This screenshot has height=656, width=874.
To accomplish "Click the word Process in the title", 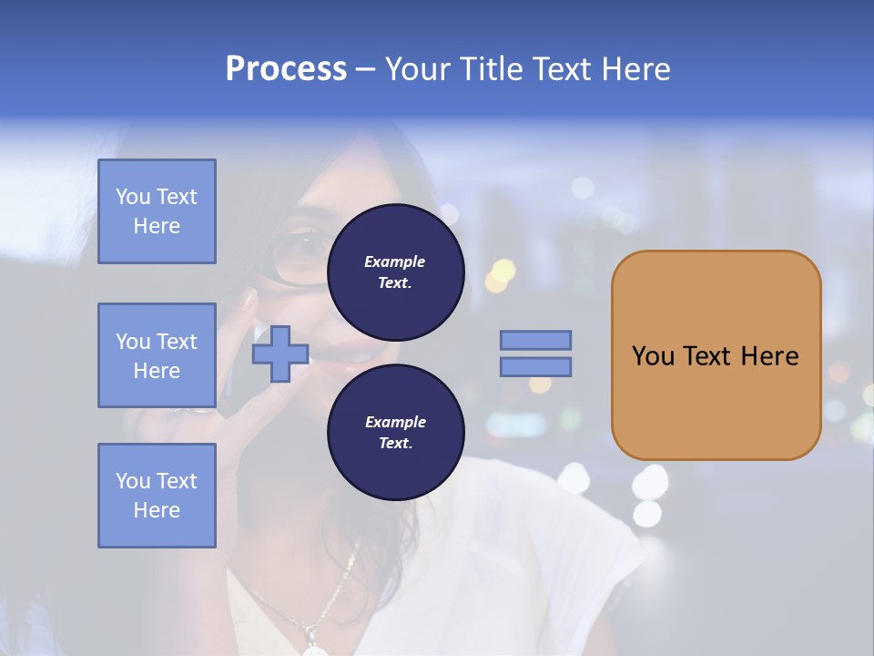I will pos(286,69).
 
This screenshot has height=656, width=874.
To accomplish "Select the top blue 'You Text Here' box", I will pos(157,211).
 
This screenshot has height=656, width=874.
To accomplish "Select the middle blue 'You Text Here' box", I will pos(157,355).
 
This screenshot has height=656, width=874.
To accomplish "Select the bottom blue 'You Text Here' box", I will pos(157,495).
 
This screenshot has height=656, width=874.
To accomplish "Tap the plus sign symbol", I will pos(280,353).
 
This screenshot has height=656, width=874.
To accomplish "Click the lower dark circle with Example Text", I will pos(396,433).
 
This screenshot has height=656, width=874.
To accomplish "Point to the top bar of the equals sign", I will pos(535,340).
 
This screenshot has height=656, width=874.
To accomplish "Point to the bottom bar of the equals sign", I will pos(535,366).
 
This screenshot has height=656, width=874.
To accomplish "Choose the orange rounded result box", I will pos(716,354).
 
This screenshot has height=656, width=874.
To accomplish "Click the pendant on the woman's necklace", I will pos(315,650).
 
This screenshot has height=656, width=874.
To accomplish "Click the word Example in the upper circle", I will pos(395,261).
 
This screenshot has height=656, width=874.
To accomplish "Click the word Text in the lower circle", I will pos(394,444).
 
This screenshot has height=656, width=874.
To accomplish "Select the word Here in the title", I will pos(635,69).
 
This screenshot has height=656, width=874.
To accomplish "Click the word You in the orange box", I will pos(653,356).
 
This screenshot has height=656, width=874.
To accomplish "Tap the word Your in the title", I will pos(419,69).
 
